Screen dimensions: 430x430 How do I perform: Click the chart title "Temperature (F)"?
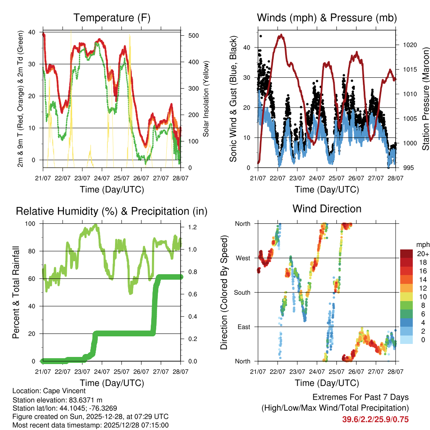(112, 18)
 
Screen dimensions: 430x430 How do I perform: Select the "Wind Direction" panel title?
(327, 208)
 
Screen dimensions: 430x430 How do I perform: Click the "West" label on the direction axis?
(243, 258)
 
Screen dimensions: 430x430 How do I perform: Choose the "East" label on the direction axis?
(244, 327)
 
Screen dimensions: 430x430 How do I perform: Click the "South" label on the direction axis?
(242, 292)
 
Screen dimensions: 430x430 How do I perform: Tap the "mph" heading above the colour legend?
(422, 245)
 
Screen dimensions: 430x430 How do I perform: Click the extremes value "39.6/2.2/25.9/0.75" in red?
(375, 420)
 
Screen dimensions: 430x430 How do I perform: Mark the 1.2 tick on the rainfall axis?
(193, 227)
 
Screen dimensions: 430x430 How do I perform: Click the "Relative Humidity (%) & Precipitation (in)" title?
(112, 211)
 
